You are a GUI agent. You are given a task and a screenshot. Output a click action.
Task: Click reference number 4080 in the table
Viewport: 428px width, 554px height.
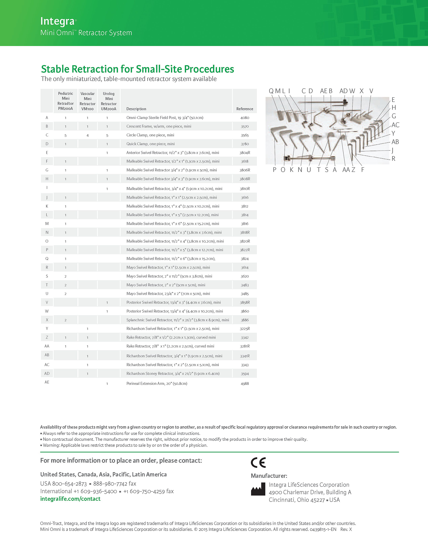pos(245,118)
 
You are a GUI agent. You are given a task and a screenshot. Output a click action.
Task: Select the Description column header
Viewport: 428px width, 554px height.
pos(136,109)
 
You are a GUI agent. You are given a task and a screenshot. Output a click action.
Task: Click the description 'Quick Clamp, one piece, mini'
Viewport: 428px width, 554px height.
pos(150,144)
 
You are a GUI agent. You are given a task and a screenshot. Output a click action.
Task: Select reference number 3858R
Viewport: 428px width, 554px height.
pos(245,302)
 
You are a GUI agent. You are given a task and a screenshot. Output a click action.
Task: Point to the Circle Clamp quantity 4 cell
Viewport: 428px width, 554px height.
pos(88,135)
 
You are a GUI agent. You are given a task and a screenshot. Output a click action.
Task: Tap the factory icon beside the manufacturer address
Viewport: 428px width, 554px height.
pos(258,489)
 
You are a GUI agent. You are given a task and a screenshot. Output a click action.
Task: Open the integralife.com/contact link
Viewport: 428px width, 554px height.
pos(70,499)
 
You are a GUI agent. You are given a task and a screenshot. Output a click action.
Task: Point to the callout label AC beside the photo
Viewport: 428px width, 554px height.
pos(395,125)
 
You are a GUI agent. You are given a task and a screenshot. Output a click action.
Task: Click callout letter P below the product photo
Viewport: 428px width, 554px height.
pos(275,170)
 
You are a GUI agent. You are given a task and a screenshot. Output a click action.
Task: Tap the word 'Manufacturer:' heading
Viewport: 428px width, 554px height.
pos(269,476)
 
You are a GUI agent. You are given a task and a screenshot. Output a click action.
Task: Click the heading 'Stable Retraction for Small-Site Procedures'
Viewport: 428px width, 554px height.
pos(137,69)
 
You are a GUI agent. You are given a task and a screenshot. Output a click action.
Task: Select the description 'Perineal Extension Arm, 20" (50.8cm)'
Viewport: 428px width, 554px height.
pos(157,383)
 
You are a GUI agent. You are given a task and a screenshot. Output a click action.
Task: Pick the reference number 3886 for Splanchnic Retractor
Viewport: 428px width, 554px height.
pos(245,320)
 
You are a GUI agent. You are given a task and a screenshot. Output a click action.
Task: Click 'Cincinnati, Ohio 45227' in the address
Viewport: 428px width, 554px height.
pos(297,500)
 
